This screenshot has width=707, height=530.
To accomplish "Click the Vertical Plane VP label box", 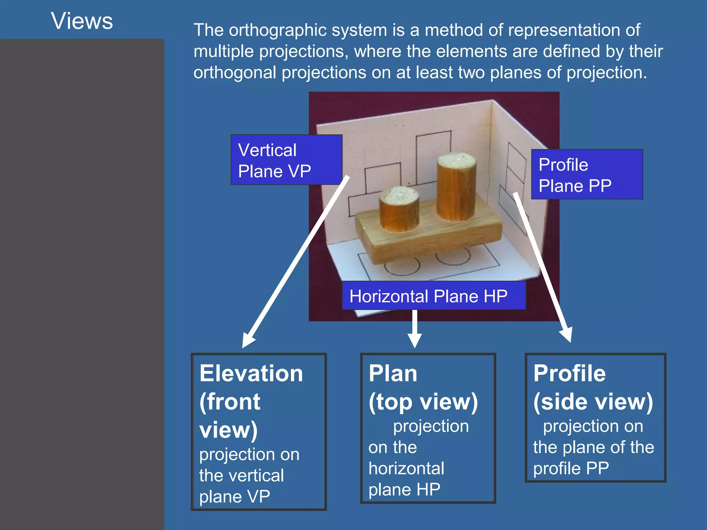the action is pyautogui.click(x=287, y=160).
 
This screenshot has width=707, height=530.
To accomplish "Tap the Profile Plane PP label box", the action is pyautogui.click(x=587, y=174).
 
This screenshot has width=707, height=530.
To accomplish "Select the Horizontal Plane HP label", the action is pyautogui.click(x=434, y=296).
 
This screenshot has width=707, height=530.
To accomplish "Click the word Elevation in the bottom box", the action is pyautogui.click(x=251, y=374).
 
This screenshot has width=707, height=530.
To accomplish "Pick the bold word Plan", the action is pyautogui.click(x=393, y=374).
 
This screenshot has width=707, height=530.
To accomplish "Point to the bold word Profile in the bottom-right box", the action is pyautogui.click(x=569, y=374).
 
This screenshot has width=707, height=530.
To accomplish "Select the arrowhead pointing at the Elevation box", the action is pyautogui.click(x=248, y=340).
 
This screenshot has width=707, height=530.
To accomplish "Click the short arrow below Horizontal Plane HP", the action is pyautogui.click(x=415, y=328).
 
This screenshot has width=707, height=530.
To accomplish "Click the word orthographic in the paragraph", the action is pyautogui.click(x=278, y=30).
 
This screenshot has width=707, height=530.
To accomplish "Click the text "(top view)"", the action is pyautogui.click(x=423, y=402).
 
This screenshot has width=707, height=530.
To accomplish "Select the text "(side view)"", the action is pyautogui.click(x=593, y=402).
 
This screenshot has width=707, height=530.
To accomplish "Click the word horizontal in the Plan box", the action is pyautogui.click(x=406, y=469).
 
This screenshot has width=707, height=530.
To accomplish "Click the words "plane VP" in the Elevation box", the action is pyautogui.click(x=234, y=497).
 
